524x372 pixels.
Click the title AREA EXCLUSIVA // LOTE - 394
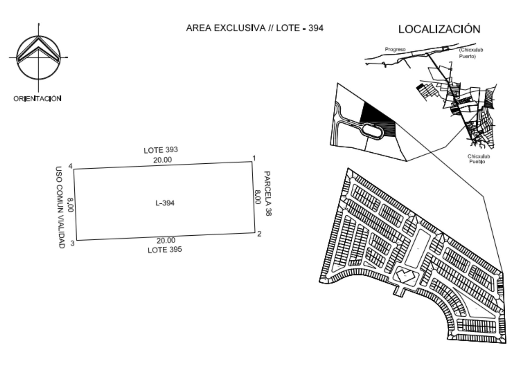[x=255, y=28]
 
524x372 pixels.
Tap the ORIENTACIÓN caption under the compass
[x=37, y=98]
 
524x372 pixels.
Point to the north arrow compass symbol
[x=38, y=58]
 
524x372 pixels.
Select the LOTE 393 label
[x=161, y=150]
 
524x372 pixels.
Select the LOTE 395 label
[x=165, y=250]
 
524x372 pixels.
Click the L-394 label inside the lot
[x=165, y=203]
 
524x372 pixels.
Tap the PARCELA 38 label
[x=267, y=193]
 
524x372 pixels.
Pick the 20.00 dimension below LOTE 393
[x=162, y=160]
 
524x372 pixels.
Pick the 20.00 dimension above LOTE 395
[x=166, y=241]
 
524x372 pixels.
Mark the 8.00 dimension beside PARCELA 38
[x=257, y=197]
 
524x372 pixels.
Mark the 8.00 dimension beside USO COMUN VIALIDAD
[x=70, y=205]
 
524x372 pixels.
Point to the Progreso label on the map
[x=395, y=50]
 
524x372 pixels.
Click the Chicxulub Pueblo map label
[x=478, y=159]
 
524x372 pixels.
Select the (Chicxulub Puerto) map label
[x=471, y=53]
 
